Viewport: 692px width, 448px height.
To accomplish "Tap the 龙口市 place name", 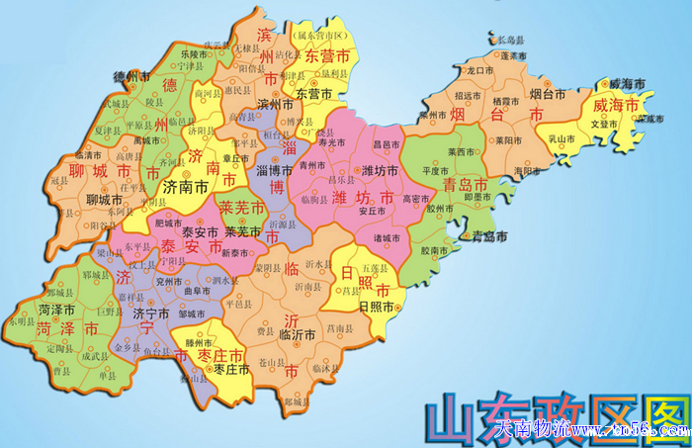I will point(480,71).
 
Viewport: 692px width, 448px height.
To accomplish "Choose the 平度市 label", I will point(436,170).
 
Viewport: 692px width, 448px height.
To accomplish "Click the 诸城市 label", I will point(388,237).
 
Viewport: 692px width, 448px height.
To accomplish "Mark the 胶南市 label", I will point(435,251).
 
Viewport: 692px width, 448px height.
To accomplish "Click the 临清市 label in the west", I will point(88,156).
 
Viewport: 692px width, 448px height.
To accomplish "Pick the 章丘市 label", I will point(235,156).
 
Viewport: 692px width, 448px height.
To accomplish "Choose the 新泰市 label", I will point(236,253).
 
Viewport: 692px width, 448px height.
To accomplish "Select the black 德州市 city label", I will point(129,75).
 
